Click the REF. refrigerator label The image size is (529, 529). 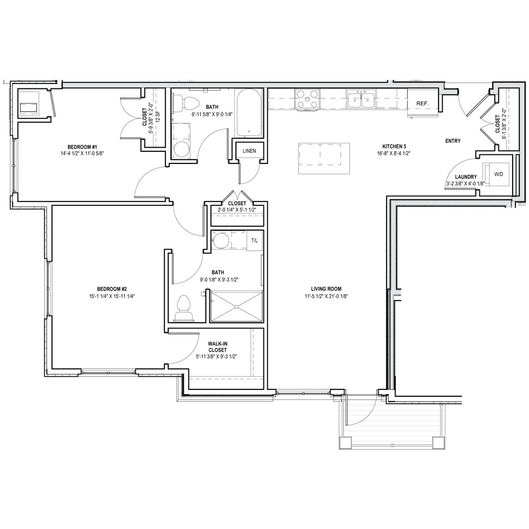point(422,104)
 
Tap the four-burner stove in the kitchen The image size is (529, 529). point(307,99)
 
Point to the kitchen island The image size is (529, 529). point(324,159)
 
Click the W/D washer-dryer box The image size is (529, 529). point(498,175)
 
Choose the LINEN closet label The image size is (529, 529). point(249,151)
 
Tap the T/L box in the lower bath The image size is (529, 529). point(254,241)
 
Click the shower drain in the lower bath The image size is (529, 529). point(236,306)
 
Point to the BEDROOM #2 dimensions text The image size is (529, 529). point(112,296)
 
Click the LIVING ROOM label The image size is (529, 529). point(326,289)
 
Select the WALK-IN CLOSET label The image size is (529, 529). point(217,347)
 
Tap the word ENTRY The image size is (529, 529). point(453,141)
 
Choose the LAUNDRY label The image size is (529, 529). point(466,177)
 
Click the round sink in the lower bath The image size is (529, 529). point(221,240)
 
